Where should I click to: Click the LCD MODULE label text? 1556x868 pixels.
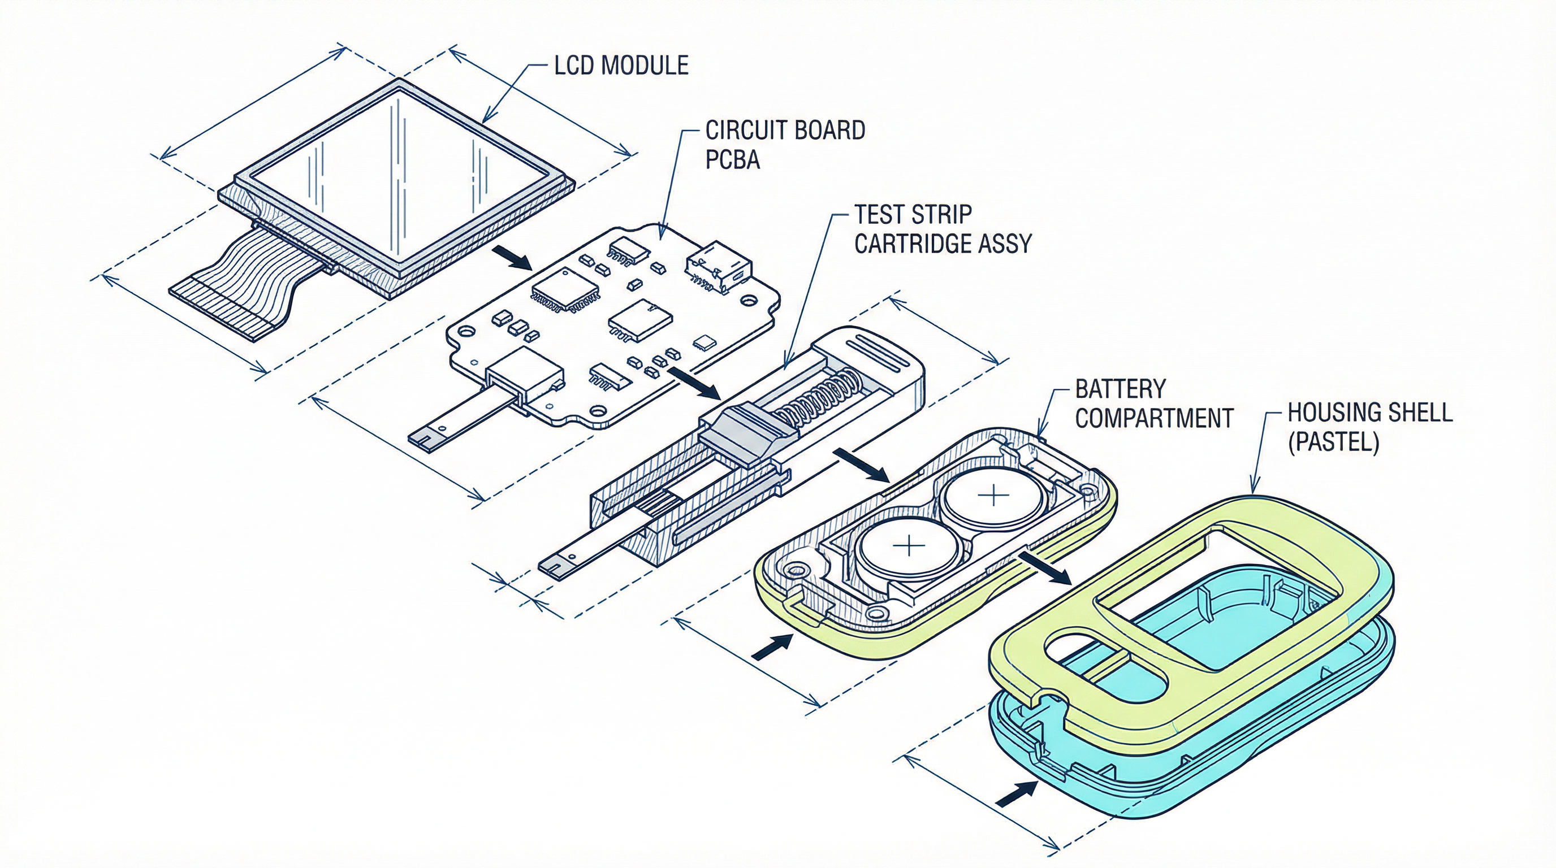coord(621,65)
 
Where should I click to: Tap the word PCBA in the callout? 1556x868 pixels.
coord(732,160)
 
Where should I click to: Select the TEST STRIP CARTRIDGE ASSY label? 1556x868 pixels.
coord(943,229)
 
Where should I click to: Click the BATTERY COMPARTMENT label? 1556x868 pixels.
coord(1152,404)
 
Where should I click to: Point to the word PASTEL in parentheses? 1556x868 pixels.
coord(1333,443)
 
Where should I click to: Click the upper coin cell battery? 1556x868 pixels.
coord(992,497)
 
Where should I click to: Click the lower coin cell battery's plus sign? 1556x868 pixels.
coord(908,547)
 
